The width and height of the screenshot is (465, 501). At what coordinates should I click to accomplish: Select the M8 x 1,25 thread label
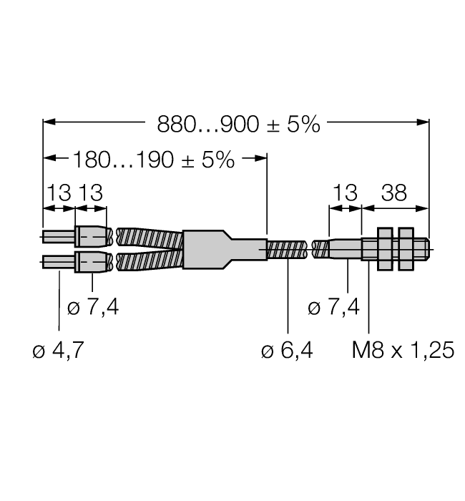click(x=403, y=351)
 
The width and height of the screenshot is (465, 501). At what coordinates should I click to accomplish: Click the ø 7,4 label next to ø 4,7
click(x=95, y=308)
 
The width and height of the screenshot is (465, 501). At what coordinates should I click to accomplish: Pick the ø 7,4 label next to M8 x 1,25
click(x=333, y=308)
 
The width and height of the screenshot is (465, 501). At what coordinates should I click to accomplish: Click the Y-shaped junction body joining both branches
click(x=215, y=249)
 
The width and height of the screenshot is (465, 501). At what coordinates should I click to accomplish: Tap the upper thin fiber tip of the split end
click(x=59, y=237)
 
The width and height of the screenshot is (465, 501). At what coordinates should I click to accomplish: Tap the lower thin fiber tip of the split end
click(x=59, y=262)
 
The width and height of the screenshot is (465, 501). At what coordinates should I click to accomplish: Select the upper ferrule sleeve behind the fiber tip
click(x=92, y=237)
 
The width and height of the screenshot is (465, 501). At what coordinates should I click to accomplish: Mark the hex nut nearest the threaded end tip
click(x=407, y=249)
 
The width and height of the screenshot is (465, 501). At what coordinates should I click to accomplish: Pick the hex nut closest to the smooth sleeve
click(x=384, y=249)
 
